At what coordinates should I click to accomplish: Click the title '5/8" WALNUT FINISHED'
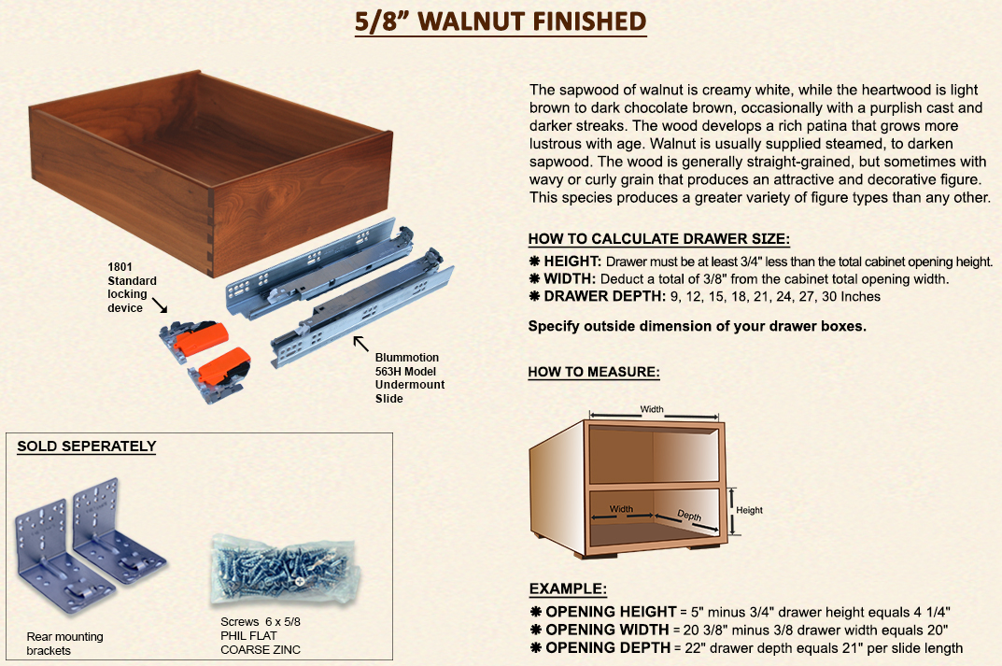pos(501,21)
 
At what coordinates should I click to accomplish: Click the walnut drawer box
pos(211,173)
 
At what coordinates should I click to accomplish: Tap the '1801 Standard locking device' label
pos(132,287)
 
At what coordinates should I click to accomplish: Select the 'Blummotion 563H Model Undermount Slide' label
pos(410,377)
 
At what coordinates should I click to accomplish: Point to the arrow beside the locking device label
pos(160,305)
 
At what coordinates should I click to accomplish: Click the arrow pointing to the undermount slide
pos(361,343)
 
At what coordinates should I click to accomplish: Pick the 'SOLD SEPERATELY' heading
pos(87,446)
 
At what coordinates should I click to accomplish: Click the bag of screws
pos(285,570)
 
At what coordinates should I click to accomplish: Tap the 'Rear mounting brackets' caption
pos(64,643)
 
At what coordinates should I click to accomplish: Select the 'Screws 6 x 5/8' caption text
pos(261,621)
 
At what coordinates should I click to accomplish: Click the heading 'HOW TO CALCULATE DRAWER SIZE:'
pos(659,239)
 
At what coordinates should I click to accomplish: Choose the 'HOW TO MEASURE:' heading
pos(594,372)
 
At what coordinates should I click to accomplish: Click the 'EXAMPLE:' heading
pos(568,588)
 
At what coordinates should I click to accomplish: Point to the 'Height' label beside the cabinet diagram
pos(749,510)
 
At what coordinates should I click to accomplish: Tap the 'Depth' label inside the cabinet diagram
pos(689,516)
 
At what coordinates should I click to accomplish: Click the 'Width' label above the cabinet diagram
pos(652,409)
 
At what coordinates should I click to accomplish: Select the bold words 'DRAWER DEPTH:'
pos(604,296)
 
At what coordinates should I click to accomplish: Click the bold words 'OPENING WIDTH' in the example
pos(607,630)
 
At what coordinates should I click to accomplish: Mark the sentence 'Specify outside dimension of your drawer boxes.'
pos(698,326)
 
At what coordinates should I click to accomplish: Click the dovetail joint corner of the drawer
pos(211,234)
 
